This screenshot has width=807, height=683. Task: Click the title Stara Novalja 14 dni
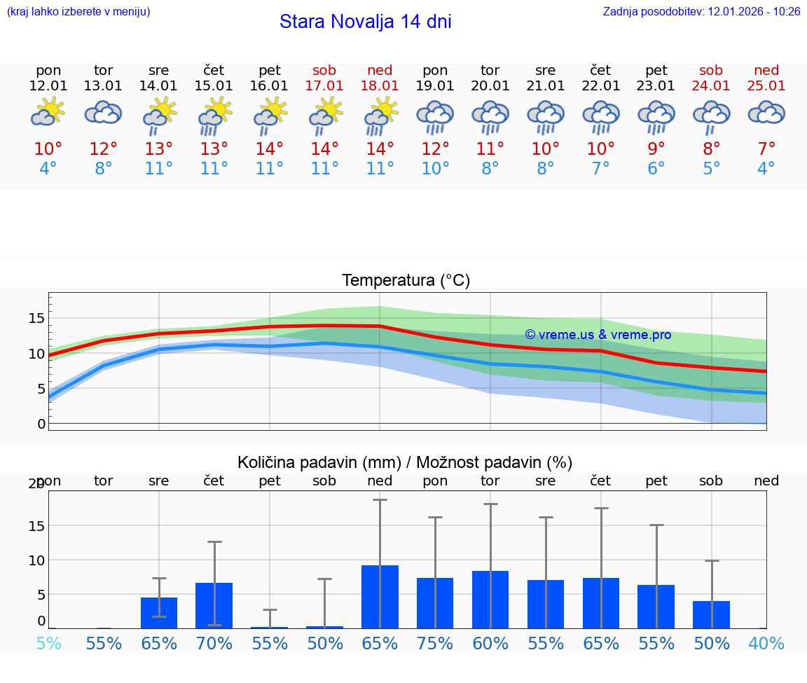[x=365, y=22]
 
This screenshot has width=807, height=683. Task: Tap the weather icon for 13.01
[x=104, y=113]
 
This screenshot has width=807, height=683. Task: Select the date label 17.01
[x=324, y=85]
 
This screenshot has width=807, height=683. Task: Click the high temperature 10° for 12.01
[x=48, y=149]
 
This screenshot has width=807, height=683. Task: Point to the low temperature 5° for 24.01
[x=712, y=169]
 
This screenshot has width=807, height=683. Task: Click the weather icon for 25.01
[x=766, y=113]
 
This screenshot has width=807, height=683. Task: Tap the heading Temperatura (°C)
[x=406, y=281]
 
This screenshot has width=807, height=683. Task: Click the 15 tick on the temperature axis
[x=36, y=318]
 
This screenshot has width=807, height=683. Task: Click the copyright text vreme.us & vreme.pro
[x=598, y=335]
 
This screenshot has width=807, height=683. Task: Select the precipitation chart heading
[x=405, y=462]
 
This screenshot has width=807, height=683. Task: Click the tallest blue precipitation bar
[x=380, y=596]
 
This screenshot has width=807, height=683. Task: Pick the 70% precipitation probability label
[x=214, y=643]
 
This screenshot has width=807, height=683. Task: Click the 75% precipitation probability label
[x=435, y=643]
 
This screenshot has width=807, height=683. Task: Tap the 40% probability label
[x=766, y=643]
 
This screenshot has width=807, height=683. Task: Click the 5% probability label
[x=48, y=643]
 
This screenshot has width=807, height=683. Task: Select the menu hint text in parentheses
[x=78, y=11]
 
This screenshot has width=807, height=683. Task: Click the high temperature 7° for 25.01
[x=766, y=149]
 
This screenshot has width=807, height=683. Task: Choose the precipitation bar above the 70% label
[x=214, y=605]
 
